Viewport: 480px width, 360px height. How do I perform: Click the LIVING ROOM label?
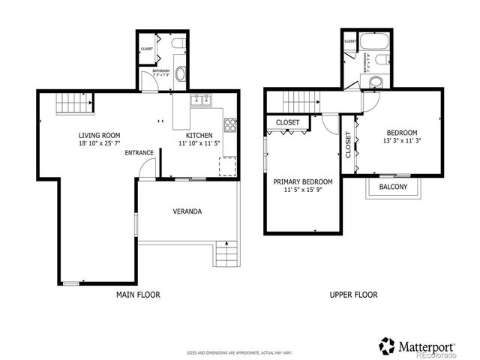(99, 135)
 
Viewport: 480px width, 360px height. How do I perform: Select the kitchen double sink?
(201, 100)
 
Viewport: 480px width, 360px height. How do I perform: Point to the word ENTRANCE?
(139, 153)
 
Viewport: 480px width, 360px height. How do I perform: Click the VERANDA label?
(187, 211)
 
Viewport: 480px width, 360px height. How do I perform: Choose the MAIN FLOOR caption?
(138, 295)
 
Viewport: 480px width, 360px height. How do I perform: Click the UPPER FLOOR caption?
(353, 295)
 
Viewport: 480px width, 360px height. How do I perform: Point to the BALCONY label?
(394, 187)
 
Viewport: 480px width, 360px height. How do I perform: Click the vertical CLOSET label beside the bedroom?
(348, 144)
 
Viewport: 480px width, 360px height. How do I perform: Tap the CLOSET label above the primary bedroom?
(288, 122)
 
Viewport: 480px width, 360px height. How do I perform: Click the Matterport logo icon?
(386, 346)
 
